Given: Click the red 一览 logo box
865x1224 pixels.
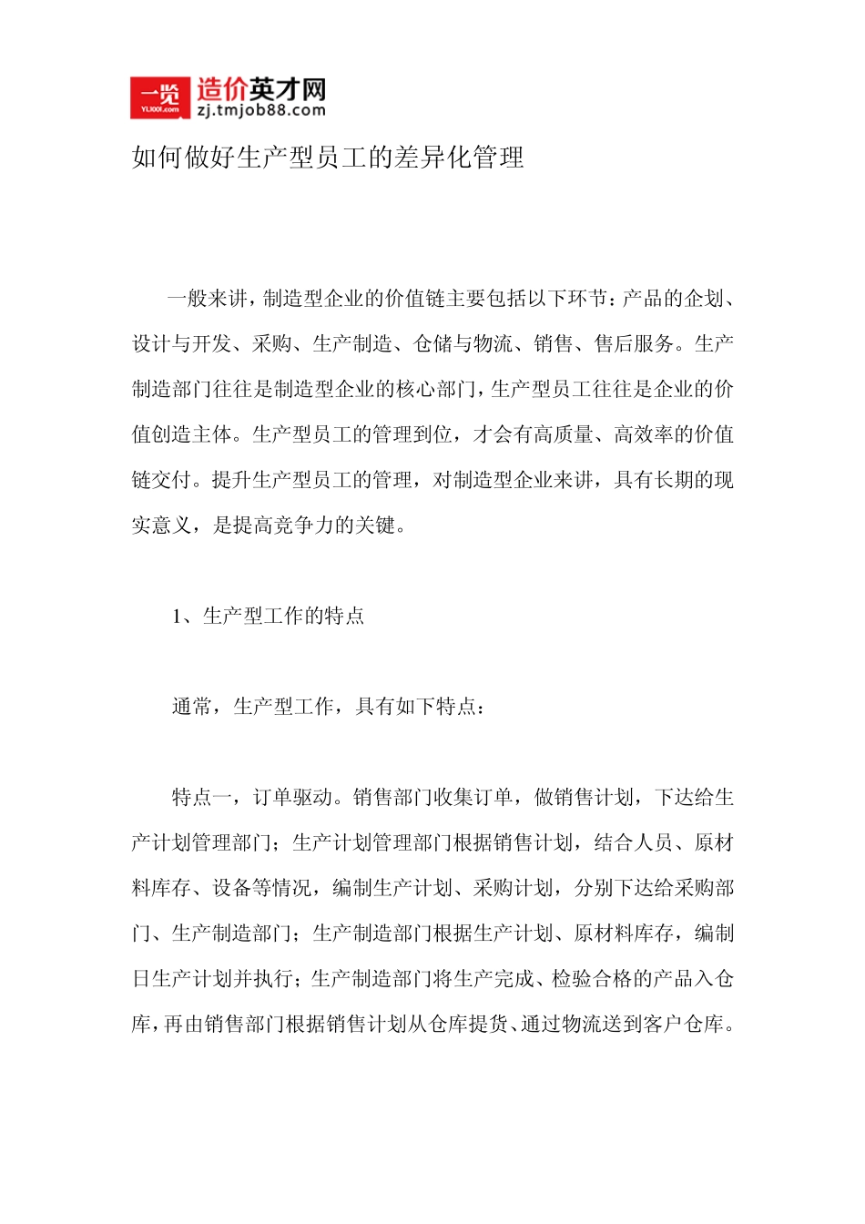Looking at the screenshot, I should pos(159,97).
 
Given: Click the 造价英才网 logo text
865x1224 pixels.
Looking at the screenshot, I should pos(260,89).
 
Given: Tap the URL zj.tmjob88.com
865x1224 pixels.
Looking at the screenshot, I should pos(260,110).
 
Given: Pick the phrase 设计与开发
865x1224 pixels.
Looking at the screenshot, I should pos(182,344).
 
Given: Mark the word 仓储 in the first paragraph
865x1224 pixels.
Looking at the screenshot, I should pos(433,344).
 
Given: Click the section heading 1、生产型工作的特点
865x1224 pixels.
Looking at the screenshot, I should pos(269,617).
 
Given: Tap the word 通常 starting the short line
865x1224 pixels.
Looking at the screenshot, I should pos(192,707).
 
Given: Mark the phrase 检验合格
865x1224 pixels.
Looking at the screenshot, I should pos(592,979).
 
